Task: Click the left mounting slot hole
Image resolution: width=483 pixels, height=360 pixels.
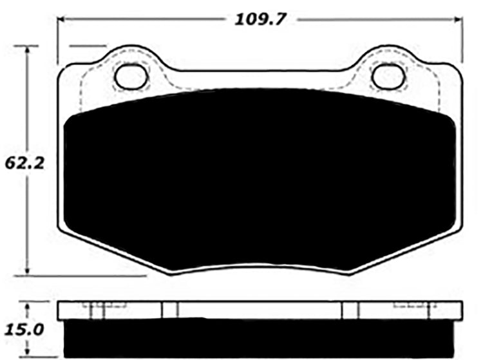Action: coord(131,77)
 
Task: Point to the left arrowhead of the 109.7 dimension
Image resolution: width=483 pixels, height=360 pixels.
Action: coord(63,19)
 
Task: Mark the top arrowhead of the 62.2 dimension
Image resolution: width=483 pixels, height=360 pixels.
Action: coord(28,50)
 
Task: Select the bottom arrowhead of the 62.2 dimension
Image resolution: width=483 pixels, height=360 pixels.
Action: coord(28,272)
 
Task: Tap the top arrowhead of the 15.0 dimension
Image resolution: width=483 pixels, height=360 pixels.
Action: coord(28,305)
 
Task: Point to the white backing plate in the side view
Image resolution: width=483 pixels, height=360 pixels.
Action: coord(261,310)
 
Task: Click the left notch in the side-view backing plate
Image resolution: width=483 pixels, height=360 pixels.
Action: coord(169,310)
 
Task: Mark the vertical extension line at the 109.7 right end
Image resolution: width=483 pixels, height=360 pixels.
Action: coord(464,39)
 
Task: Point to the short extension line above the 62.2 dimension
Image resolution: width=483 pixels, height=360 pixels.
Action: coord(87,46)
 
